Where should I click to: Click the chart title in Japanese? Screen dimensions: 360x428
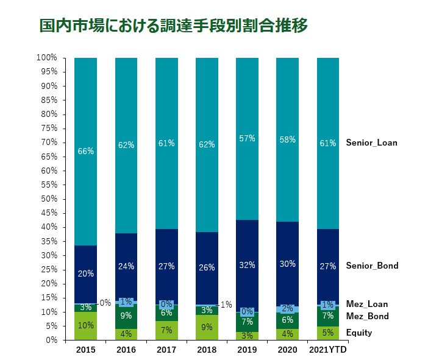pos(173,26)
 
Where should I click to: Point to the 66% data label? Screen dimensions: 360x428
pos(85,151)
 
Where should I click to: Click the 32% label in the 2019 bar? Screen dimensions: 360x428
pos(247,266)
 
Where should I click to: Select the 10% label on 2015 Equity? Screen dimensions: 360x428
pos(85,325)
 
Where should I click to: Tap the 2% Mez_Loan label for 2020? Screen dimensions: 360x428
pos(287,309)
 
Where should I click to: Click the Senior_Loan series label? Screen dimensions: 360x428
pos(371,143)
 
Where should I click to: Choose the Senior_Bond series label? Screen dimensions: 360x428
pos(372,266)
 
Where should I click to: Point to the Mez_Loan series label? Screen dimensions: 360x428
pos(366,304)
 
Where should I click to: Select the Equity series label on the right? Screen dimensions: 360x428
pos(359,333)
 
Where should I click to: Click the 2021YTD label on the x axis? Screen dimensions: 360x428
pos(328,350)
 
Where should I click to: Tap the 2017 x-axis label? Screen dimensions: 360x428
pos(166,350)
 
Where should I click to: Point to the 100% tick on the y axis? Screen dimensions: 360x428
pos(47,58)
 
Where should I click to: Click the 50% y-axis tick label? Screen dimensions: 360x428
pos(49,199)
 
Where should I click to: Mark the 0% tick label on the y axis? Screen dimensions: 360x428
pos(51,340)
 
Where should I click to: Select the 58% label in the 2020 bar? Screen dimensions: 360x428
pos(287,139)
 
